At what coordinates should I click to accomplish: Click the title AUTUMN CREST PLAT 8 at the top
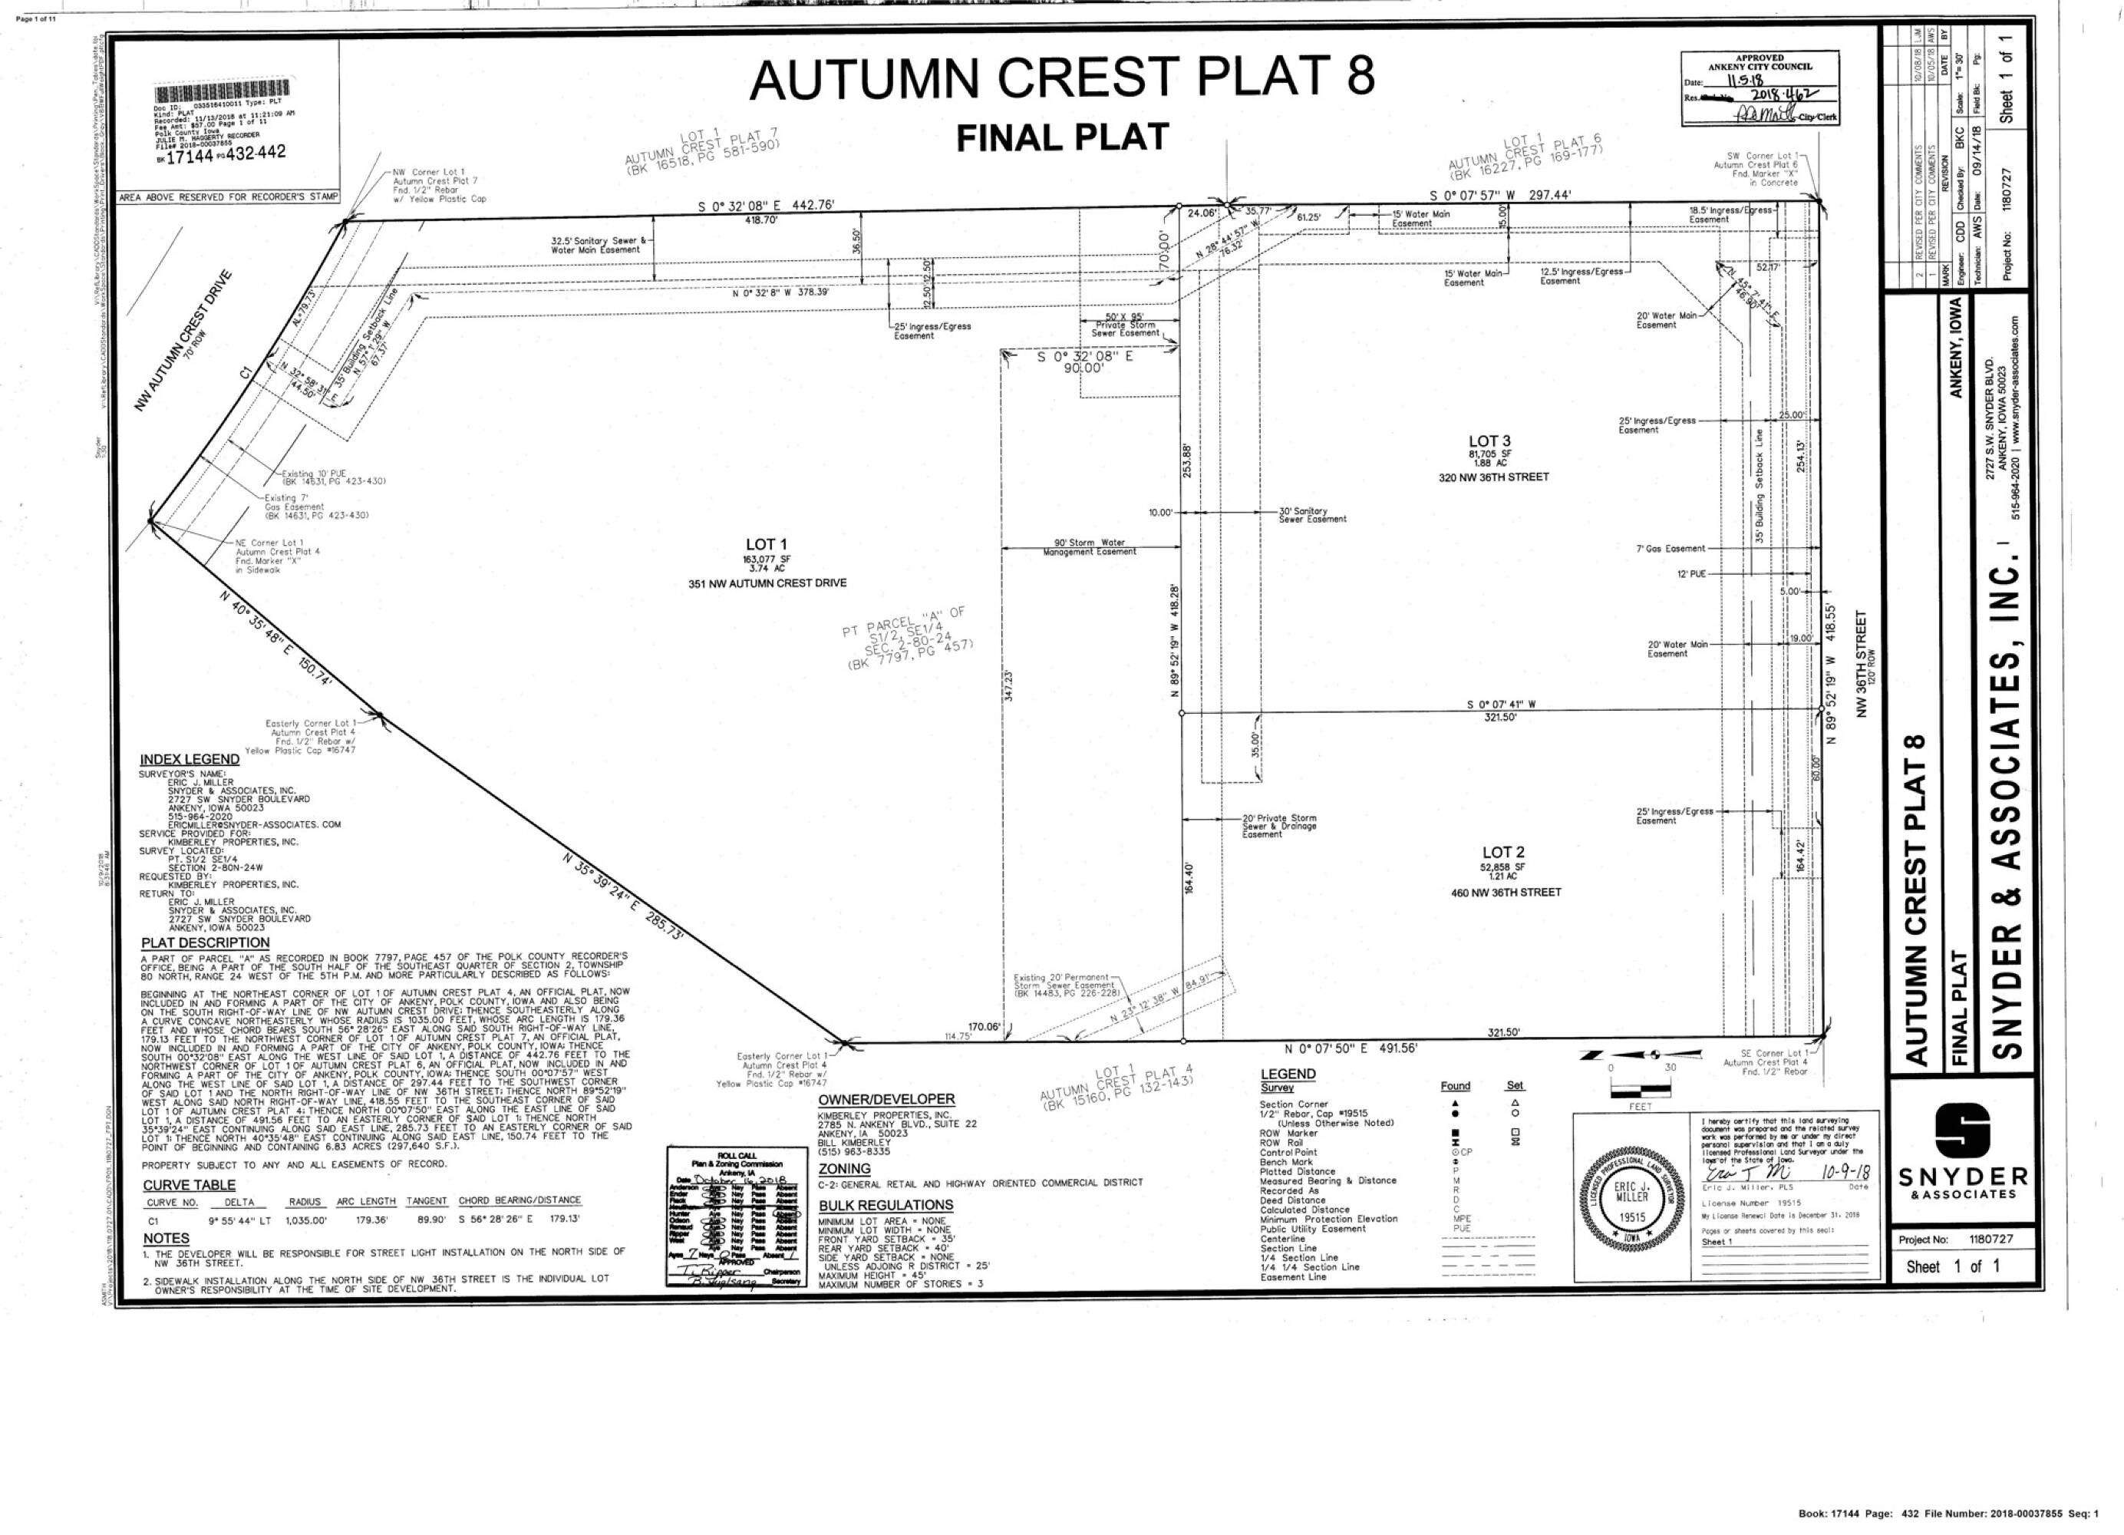(x=1061, y=78)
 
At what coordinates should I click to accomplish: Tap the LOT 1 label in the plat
(x=766, y=544)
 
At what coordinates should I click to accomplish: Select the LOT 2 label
(x=1502, y=852)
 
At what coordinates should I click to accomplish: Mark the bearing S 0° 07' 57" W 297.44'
(x=1499, y=196)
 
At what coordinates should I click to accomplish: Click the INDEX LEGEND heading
(x=190, y=760)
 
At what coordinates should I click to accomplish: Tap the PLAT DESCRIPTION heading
(x=205, y=942)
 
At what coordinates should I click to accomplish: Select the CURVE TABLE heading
(x=190, y=1185)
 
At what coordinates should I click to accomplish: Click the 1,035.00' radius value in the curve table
(x=307, y=1221)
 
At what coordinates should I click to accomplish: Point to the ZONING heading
(x=844, y=1169)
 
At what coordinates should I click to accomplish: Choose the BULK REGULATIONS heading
(x=885, y=1205)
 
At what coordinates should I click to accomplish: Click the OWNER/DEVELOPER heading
(x=886, y=1100)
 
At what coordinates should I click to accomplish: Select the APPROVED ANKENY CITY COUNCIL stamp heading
(x=1760, y=62)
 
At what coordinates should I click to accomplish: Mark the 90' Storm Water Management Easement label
(x=1089, y=547)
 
